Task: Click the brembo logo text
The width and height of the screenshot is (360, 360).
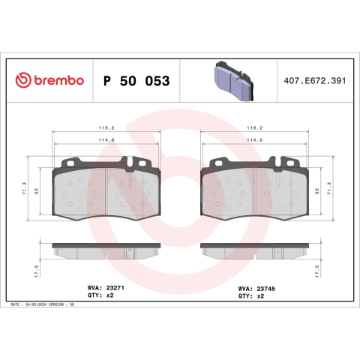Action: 58,80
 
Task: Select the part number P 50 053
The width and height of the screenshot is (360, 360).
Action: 136,81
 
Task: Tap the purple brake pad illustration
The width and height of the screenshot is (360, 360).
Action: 234,81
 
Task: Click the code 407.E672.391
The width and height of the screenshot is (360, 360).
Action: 315,81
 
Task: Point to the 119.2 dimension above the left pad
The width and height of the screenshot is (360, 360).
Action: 106,128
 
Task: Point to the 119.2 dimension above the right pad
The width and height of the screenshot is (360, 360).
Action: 255,128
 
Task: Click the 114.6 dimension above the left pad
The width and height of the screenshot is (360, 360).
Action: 106,140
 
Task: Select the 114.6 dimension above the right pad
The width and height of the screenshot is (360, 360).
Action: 255,140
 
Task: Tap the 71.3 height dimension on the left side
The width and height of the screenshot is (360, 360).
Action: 24,188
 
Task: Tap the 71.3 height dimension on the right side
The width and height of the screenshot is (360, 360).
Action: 329,188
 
